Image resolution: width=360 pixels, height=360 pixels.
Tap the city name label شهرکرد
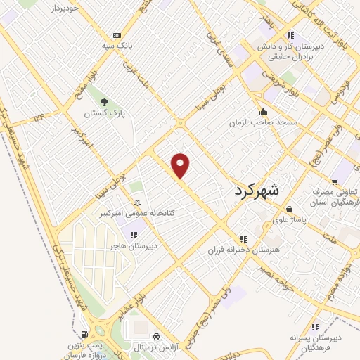click(x=255, y=189)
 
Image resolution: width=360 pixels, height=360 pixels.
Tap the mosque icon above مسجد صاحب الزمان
click(x=263, y=110)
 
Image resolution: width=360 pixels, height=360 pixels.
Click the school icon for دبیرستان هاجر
click(x=134, y=234)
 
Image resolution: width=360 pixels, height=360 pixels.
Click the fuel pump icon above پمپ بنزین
click(x=84, y=334)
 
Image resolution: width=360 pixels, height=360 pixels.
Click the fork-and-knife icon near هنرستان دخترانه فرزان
click(x=243, y=238)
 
